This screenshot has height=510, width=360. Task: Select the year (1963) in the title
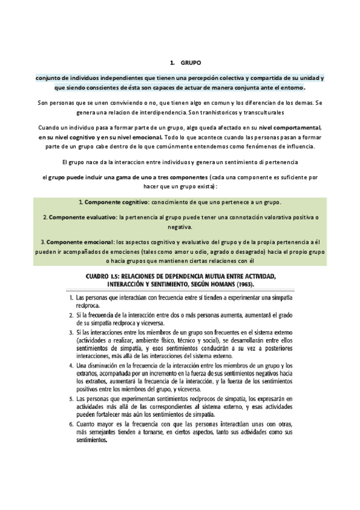(270, 283)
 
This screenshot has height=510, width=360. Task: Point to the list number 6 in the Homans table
(70, 423)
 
